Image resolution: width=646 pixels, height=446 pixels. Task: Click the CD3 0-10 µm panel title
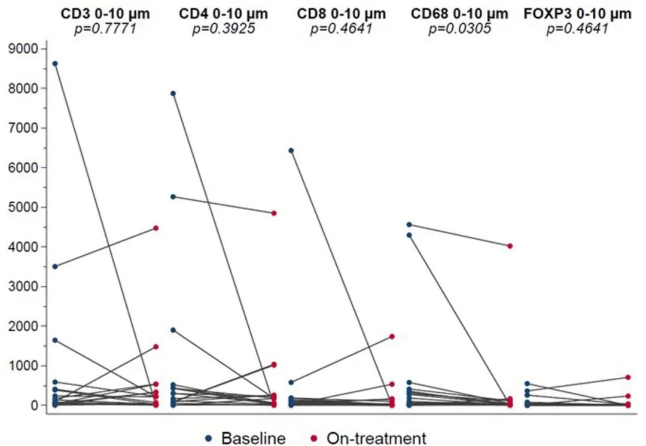(106, 14)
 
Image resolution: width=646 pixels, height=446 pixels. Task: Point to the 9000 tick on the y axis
(25, 48)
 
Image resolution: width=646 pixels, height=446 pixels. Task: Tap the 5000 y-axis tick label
(25, 207)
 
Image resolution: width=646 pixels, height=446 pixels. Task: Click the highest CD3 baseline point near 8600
(55, 63)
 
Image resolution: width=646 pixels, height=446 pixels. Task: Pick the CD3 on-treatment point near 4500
(156, 228)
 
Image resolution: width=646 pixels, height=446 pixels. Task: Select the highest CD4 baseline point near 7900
(173, 93)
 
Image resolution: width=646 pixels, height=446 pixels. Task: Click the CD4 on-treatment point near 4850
(274, 213)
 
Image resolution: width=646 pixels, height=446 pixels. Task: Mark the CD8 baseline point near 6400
(291, 151)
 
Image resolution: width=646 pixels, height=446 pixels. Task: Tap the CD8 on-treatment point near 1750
(392, 337)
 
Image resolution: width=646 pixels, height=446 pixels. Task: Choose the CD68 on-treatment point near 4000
(510, 246)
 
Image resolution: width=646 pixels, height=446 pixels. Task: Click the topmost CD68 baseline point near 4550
(409, 225)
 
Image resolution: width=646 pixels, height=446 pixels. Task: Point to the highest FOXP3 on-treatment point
(628, 377)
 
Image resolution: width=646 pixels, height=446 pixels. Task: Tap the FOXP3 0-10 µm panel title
(577, 14)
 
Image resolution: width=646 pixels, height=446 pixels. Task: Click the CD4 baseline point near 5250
(173, 197)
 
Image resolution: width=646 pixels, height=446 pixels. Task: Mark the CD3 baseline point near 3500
(55, 267)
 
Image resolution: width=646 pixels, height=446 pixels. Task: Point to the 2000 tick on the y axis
(25, 326)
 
